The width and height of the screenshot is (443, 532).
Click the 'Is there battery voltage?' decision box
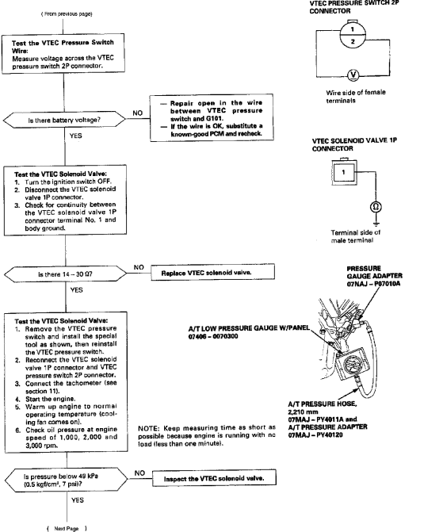tap(64, 120)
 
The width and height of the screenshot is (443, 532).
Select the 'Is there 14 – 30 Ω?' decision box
tap(65, 274)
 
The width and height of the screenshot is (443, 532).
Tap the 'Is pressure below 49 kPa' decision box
tap(67, 480)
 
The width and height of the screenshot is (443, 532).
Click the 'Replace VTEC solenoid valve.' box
tap(212, 272)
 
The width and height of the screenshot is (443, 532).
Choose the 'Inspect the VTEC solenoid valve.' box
tap(214, 478)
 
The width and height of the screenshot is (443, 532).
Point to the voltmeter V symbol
tap(353, 75)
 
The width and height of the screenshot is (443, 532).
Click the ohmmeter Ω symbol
tap(376, 207)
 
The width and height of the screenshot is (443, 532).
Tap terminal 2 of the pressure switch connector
tap(353, 42)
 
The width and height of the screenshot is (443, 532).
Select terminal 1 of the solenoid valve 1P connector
tap(344, 172)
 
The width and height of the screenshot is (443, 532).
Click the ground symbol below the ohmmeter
tap(376, 224)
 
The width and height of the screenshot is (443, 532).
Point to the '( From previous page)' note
tap(67, 14)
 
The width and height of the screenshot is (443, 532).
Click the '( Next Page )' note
tap(67, 528)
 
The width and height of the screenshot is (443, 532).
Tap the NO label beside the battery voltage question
tap(137, 113)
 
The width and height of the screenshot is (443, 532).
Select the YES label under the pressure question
tap(78, 500)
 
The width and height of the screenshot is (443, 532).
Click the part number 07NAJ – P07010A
tap(373, 284)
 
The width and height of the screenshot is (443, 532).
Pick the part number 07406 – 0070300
tap(213, 336)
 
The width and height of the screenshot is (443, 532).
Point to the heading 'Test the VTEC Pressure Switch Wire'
tap(63, 47)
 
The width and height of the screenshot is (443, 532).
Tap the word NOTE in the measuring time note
tap(148, 428)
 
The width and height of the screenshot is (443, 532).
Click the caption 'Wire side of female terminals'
tap(356, 97)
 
